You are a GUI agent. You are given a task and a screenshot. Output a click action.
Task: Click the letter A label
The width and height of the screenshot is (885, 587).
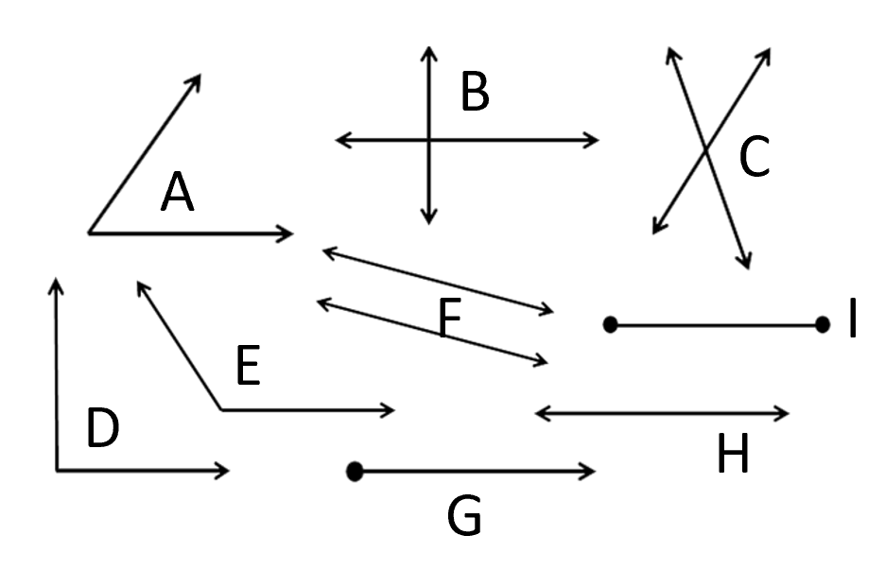[x=178, y=194]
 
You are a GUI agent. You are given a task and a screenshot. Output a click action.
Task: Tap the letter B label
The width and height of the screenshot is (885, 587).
[x=475, y=93]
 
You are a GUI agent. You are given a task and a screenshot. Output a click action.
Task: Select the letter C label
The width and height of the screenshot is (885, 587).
[x=754, y=157]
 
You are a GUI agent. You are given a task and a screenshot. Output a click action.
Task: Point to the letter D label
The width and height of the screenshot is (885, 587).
[x=102, y=428]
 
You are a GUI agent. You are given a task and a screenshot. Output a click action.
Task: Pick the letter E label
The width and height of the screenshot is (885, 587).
[x=247, y=367]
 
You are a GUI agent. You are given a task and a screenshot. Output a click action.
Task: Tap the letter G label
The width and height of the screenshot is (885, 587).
[x=464, y=516]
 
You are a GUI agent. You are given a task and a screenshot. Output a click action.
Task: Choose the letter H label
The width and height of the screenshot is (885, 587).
[x=733, y=456]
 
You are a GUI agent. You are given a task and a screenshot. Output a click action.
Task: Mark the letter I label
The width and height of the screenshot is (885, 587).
[x=852, y=319]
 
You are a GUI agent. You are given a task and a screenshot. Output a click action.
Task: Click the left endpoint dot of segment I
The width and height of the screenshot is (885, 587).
[x=610, y=325]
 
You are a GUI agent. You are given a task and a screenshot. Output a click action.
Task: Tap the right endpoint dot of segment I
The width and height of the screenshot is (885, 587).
[x=822, y=325]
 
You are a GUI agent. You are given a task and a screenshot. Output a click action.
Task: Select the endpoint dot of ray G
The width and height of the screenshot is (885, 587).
[x=355, y=471]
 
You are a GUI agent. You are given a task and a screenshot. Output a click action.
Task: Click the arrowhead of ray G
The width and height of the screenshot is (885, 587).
[x=591, y=471]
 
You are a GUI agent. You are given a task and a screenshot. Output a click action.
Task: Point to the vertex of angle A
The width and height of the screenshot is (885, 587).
[x=89, y=232]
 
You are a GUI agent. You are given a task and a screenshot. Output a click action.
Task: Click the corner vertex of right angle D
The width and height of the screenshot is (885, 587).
[x=57, y=470]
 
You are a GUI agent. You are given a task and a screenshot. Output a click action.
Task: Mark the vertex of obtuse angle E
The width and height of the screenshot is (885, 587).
[x=221, y=410]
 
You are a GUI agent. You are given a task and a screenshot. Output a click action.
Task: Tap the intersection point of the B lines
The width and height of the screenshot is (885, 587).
[x=429, y=141]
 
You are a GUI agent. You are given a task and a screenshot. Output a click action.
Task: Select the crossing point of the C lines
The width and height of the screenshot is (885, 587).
[x=705, y=148]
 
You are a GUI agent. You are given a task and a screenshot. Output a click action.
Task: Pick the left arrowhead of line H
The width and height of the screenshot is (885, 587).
[x=540, y=412]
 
